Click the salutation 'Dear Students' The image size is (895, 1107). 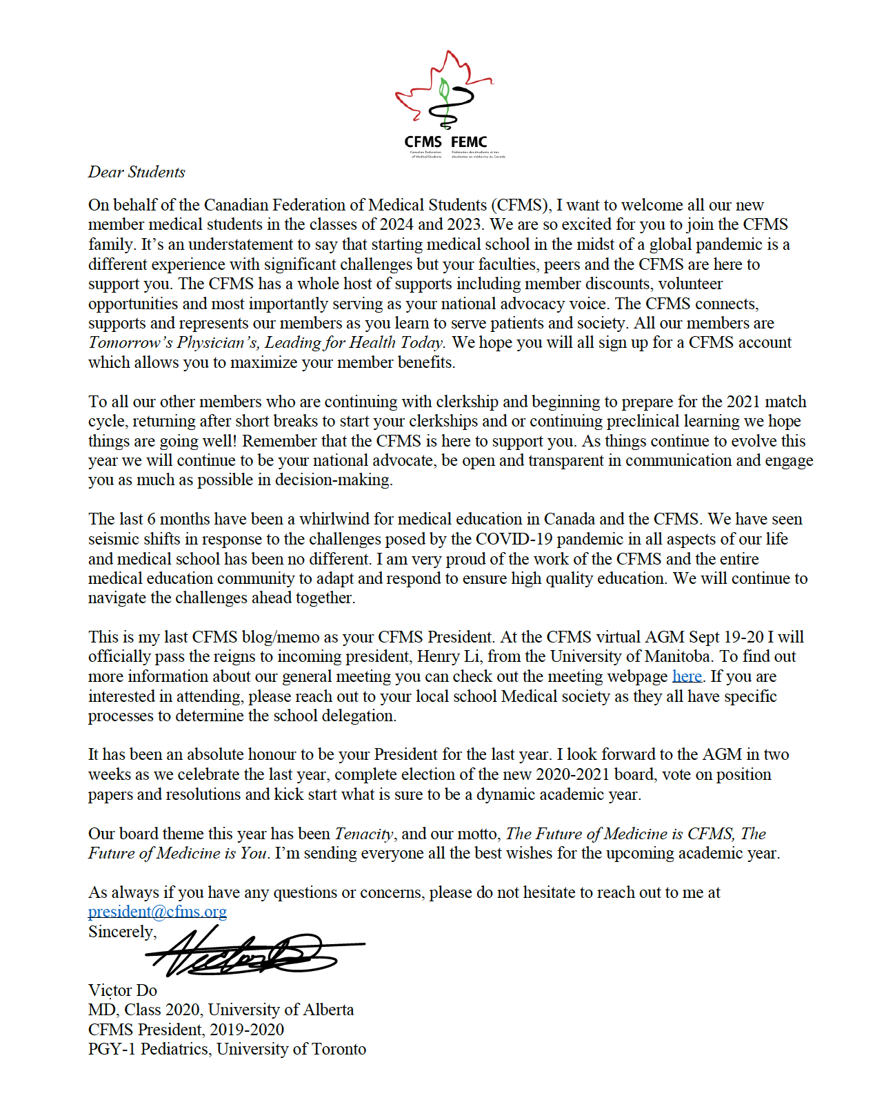137,172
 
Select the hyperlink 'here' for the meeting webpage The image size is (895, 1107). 687,676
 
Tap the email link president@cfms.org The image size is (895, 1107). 157,912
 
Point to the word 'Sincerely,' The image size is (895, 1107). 122,932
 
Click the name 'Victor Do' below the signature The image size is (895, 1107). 123,990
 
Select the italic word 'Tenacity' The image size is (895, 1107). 365,834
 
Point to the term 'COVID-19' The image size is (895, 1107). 514,539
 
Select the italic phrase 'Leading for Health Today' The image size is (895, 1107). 354,342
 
